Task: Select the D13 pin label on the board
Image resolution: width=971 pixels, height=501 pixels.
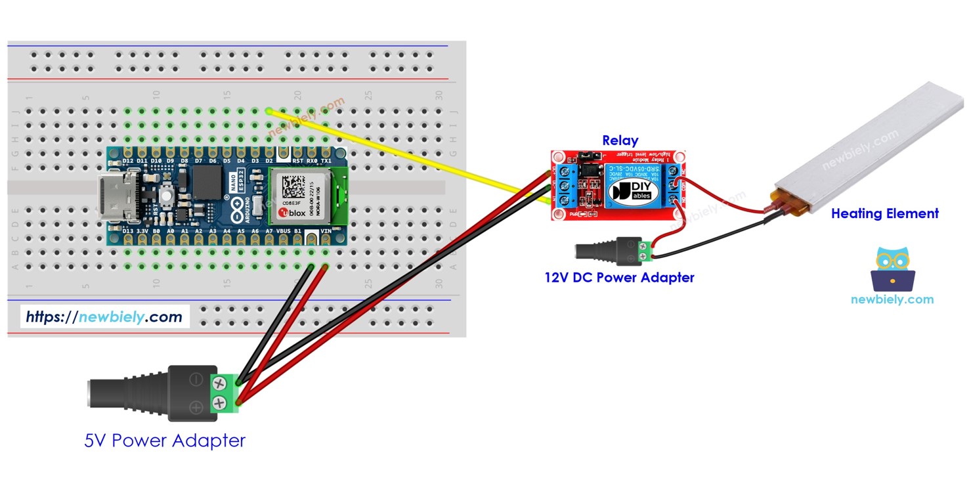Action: coord(128,232)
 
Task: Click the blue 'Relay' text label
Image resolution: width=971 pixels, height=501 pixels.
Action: coord(620,141)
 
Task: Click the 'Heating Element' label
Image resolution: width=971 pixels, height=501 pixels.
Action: coord(884,213)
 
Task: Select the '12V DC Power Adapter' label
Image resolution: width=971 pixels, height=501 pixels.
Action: coord(619,278)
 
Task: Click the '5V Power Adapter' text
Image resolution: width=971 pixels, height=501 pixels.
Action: coord(165,440)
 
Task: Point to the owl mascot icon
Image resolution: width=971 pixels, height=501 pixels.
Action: coord(892,269)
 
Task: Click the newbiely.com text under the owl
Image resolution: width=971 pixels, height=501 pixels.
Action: coord(892,299)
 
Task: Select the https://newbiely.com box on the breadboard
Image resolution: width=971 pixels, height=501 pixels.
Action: coord(104,317)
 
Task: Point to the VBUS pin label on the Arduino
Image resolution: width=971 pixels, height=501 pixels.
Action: coord(284,232)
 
